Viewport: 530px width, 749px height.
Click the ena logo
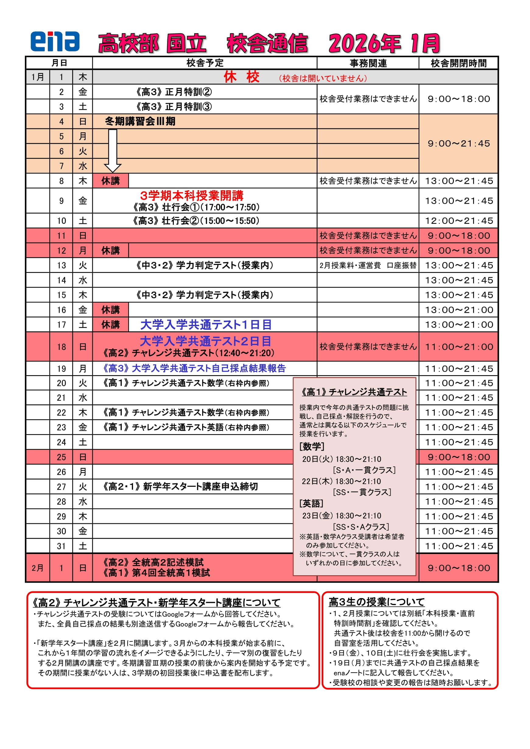click(x=55, y=41)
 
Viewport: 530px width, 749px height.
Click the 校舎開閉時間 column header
click(x=458, y=63)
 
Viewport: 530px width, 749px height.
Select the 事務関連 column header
click(x=368, y=63)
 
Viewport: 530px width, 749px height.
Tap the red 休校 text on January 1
click(x=241, y=77)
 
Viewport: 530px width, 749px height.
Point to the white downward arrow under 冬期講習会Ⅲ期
click(x=113, y=150)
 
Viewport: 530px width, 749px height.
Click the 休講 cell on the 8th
click(x=110, y=181)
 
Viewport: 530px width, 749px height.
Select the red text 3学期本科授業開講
click(x=191, y=195)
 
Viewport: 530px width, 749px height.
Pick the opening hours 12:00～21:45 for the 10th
click(x=458, y=221)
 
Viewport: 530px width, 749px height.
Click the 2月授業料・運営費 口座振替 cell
click(x=368, y=265)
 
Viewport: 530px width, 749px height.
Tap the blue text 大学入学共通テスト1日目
click(x=206, y=325)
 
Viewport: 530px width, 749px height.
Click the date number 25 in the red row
click(x=61, y=457)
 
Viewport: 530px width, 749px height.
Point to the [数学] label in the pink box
click(x=312, y=446)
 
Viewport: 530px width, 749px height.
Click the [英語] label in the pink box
click(x=311, y=503)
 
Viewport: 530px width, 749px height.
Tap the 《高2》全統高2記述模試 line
click(x=153, y=562)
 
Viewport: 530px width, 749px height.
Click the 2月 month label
click(x=37, y=568)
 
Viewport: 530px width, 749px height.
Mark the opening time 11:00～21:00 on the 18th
click(x=458, y=347)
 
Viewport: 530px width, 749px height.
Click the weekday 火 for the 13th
click(x=82, y=265)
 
